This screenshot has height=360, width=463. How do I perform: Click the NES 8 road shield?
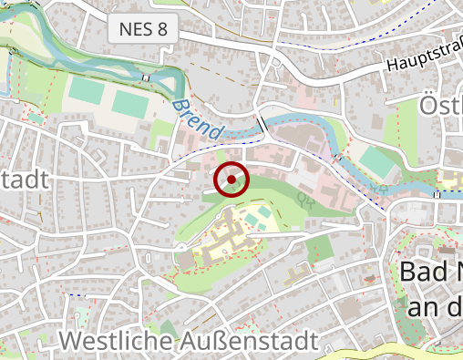[143, 29]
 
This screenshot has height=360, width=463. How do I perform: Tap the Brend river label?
[195, 118]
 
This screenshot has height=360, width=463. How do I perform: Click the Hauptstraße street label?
[423, 62]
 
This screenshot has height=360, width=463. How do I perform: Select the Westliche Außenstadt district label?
[190, 341]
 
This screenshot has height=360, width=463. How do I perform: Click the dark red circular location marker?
[231, 180]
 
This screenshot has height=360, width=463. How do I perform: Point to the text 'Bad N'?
[431, 272]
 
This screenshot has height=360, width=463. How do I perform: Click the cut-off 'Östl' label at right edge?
[441, 106]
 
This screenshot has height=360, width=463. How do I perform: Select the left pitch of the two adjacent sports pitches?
[87, 92]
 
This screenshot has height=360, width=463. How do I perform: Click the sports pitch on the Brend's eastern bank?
[376, 162]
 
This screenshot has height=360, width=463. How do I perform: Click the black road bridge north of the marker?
[262, 122]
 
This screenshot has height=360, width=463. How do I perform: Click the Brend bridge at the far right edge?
[438, 193]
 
